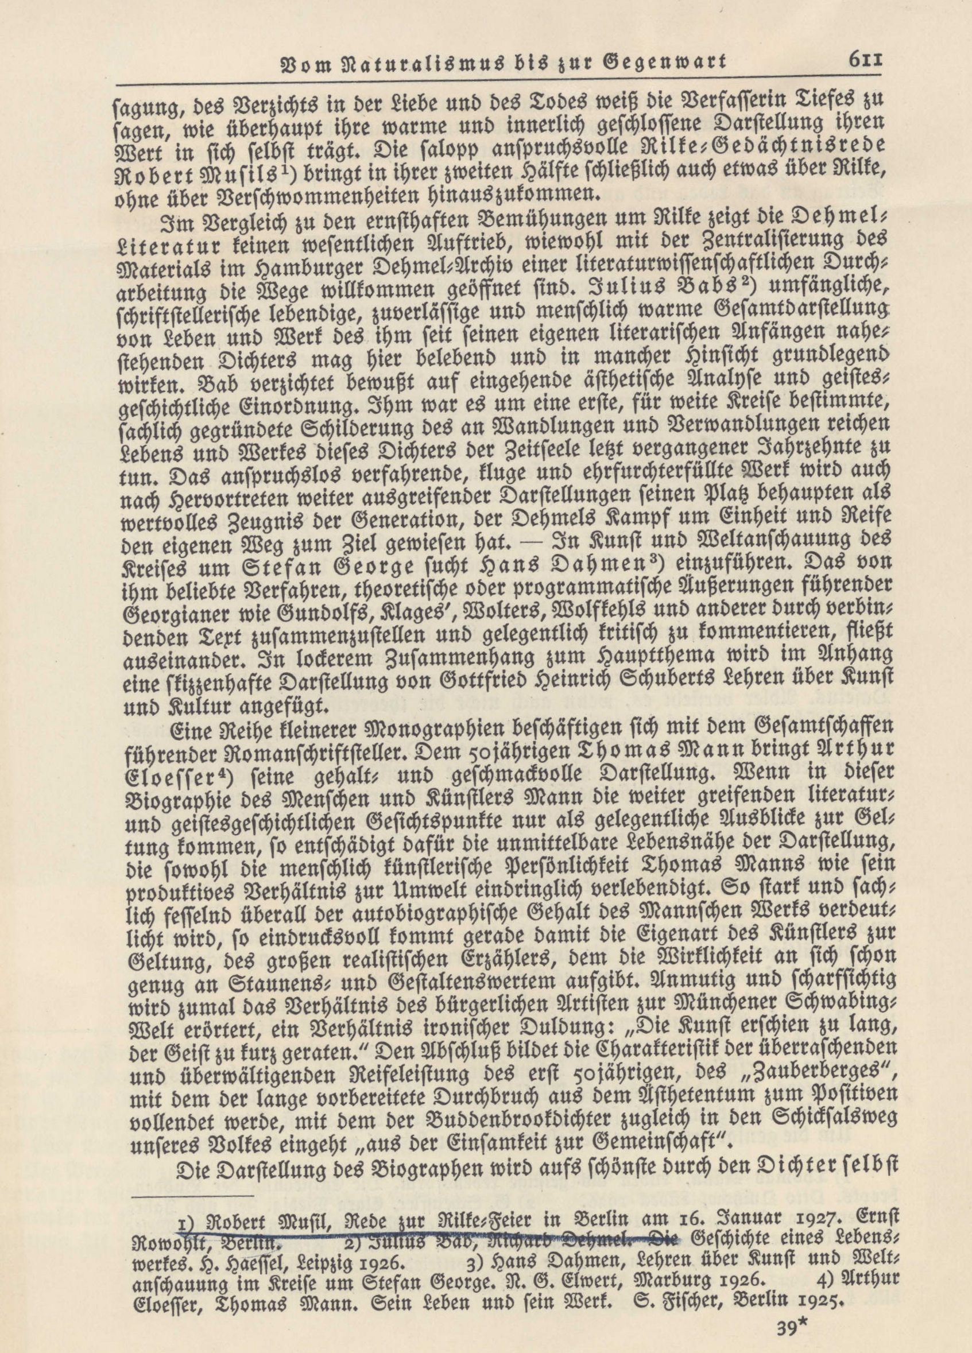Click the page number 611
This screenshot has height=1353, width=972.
click(x=862, y=61)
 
